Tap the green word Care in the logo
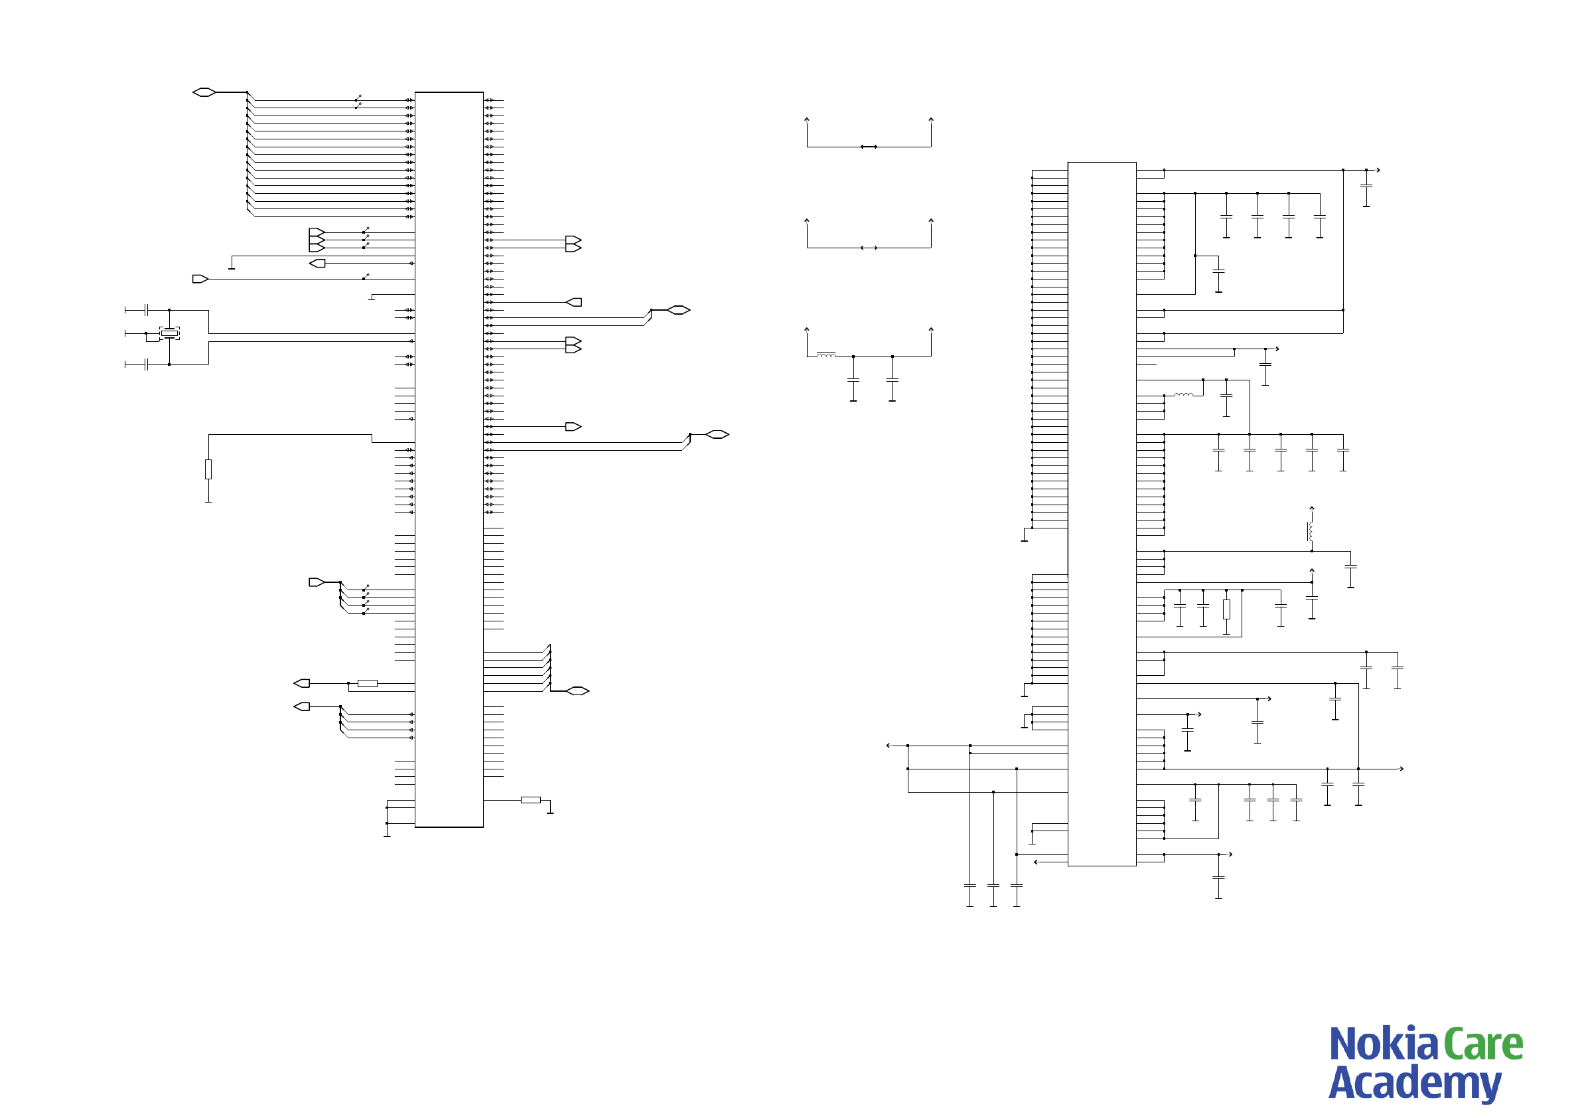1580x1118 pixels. pos(1483,1044)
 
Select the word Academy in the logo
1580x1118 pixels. pos(1414,1083)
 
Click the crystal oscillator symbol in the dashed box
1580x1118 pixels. pos(169,333)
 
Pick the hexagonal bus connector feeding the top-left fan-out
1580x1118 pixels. pos(204,92)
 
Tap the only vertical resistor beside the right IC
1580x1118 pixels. pos(1226,609)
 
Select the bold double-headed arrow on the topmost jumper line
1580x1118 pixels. pos(869,147)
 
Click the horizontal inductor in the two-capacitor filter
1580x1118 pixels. pos(826,355)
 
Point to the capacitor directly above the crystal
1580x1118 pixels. pos(147,310)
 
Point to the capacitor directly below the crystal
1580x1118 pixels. pos(147,364)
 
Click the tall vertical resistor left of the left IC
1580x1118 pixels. pos(208,469)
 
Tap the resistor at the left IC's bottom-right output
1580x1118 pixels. pos(531,800)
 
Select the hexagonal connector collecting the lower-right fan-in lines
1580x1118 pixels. pos(577,690)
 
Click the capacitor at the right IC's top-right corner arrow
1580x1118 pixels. pos(1366,186)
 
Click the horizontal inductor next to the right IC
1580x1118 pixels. pos(1184,395)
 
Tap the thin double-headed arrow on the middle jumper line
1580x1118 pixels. pos(869,248)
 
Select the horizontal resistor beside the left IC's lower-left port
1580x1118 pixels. pos(368,684)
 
